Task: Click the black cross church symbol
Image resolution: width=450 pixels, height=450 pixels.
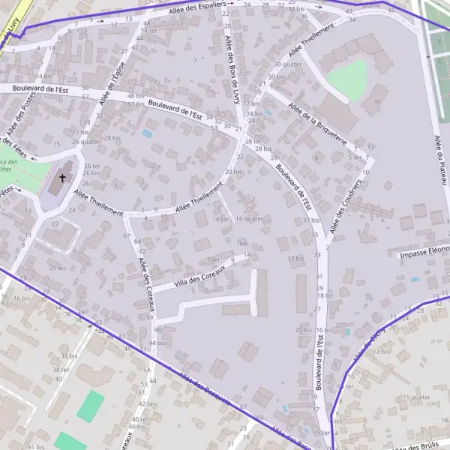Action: [62, 178]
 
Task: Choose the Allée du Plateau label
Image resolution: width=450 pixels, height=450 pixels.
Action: [440, 160]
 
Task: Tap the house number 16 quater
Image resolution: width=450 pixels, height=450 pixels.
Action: [249, 219]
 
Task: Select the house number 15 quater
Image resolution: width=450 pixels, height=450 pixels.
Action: [416, 397]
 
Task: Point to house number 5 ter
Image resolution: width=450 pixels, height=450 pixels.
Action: [356, 157]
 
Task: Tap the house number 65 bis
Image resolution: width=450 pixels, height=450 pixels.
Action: [36, 446]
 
